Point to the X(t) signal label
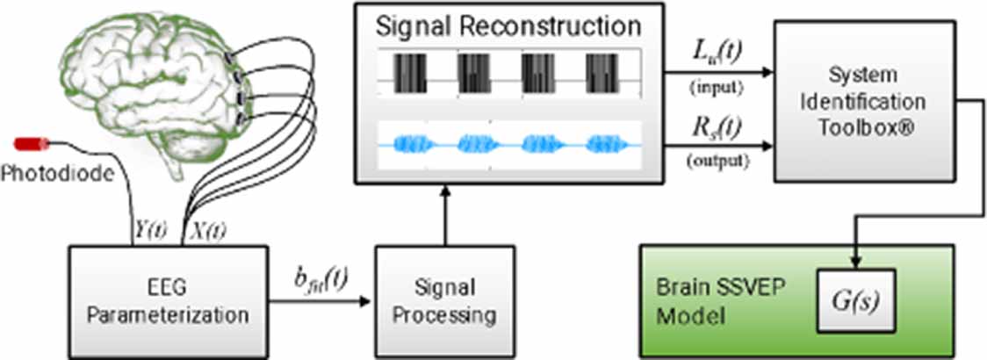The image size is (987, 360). [208, 232]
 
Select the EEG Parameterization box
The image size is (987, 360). [167, 299]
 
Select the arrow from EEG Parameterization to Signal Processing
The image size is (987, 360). [316, 304]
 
